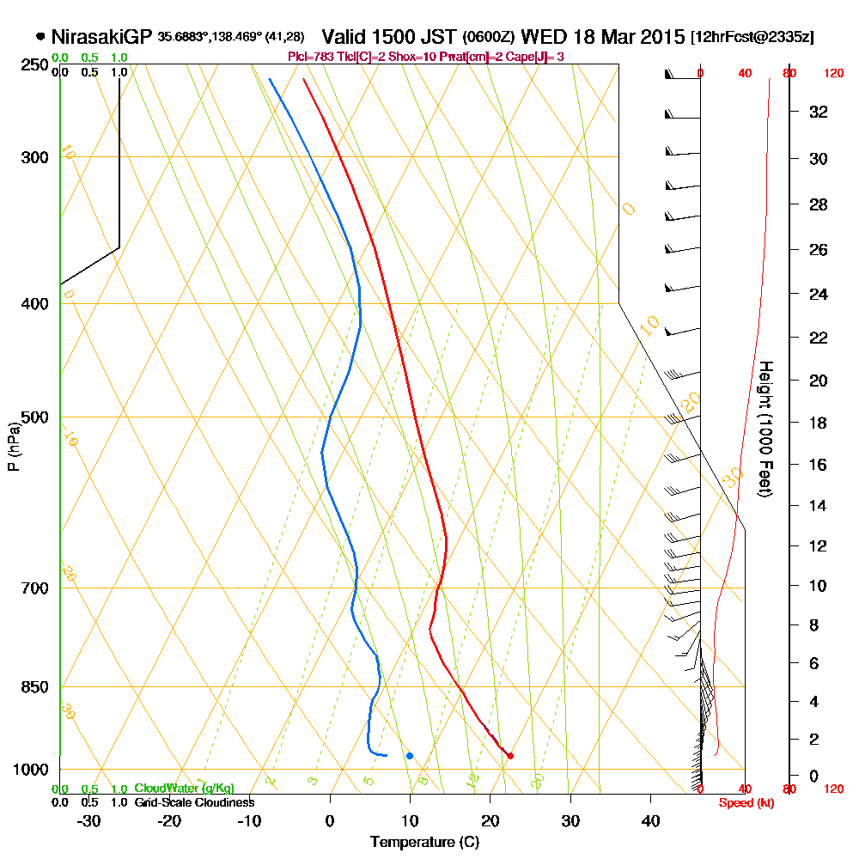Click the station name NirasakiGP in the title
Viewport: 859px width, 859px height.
[101, 37]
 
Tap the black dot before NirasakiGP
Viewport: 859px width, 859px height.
[40, 37]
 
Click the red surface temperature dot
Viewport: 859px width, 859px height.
[510, 756]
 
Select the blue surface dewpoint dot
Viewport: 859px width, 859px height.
[410, 756]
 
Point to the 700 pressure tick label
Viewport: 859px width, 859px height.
[37, 588]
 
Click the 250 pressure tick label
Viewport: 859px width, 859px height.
[37, 64]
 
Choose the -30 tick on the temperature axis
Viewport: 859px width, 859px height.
[88, 820]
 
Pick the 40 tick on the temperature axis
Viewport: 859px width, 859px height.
[650, 820]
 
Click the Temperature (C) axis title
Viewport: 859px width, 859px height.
[424, 843]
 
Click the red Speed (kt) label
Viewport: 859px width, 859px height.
[745, 802]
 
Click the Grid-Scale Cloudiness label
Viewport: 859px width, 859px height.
[194, 802]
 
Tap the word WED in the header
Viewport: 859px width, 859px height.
[540, 37]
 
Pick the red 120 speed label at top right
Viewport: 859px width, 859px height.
[833, 74]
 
